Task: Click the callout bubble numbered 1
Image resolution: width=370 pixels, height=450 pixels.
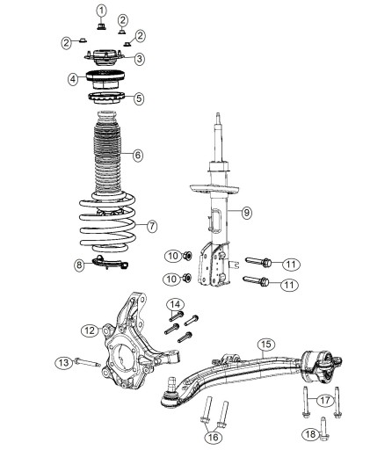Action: pos(101,11)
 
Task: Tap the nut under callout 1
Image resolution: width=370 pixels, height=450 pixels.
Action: pos(101,26)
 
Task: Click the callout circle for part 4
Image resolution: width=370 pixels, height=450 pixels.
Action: pos(73,78)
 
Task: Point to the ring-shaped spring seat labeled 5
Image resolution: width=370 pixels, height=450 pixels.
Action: pos(106,98)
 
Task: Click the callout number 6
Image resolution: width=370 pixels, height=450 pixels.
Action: pos(138,155)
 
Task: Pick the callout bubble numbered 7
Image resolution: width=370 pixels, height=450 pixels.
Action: pos(152,226)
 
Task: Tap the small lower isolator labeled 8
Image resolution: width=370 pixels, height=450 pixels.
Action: pos(111,263)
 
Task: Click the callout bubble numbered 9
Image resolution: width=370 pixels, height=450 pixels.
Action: pos(247,212)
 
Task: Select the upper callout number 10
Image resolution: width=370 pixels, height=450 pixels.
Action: pos(173,256)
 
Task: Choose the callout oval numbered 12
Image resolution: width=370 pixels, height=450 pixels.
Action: pos(90,330)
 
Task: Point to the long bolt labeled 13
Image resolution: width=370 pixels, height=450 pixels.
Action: pos(88,362)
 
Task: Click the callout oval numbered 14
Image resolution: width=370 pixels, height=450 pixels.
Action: pos(175,305)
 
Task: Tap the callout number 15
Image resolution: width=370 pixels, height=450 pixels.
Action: pos(266,345)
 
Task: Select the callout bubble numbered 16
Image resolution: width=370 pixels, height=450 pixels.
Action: pos(213,438)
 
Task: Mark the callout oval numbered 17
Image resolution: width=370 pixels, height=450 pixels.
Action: pos(324,400)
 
